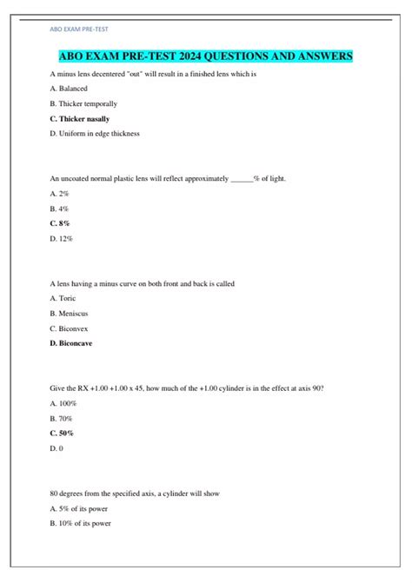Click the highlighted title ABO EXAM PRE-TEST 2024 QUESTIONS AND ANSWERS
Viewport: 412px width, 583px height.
click(205, 56)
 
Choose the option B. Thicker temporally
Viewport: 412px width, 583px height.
click(83, 103)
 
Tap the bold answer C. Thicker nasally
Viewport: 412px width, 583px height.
click(80, 118)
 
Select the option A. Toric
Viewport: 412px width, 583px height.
click(63, 298)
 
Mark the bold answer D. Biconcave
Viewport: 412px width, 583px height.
click(72, 343)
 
